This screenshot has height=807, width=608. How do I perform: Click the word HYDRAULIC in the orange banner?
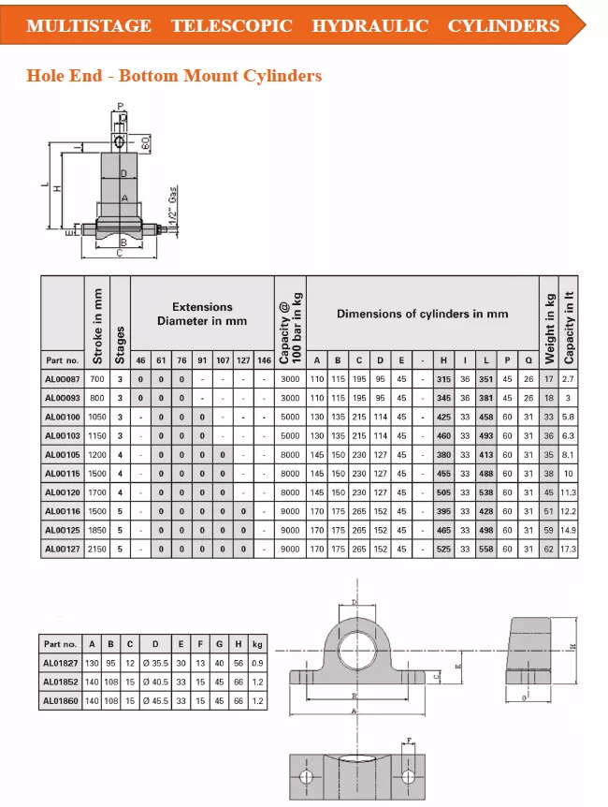click(x=370, y=25)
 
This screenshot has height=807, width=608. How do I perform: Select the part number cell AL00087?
click(x=63, y=378)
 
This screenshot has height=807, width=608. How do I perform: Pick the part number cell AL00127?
click(x=63, y=549)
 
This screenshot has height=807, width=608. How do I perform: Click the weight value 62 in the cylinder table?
click(x=549, y=549)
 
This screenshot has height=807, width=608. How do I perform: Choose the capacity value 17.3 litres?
click(x=569, y=549)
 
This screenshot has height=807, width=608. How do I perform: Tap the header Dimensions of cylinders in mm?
click(x=423, y=314)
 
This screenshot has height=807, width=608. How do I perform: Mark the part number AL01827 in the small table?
click(x=61, y=663)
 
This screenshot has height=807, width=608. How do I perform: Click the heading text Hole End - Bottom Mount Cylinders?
click(x=174, y=75)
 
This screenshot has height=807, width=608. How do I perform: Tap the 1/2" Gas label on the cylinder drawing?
click(x=173, y=206)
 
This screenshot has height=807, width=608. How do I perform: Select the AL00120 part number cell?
click(x=63, y=492)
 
